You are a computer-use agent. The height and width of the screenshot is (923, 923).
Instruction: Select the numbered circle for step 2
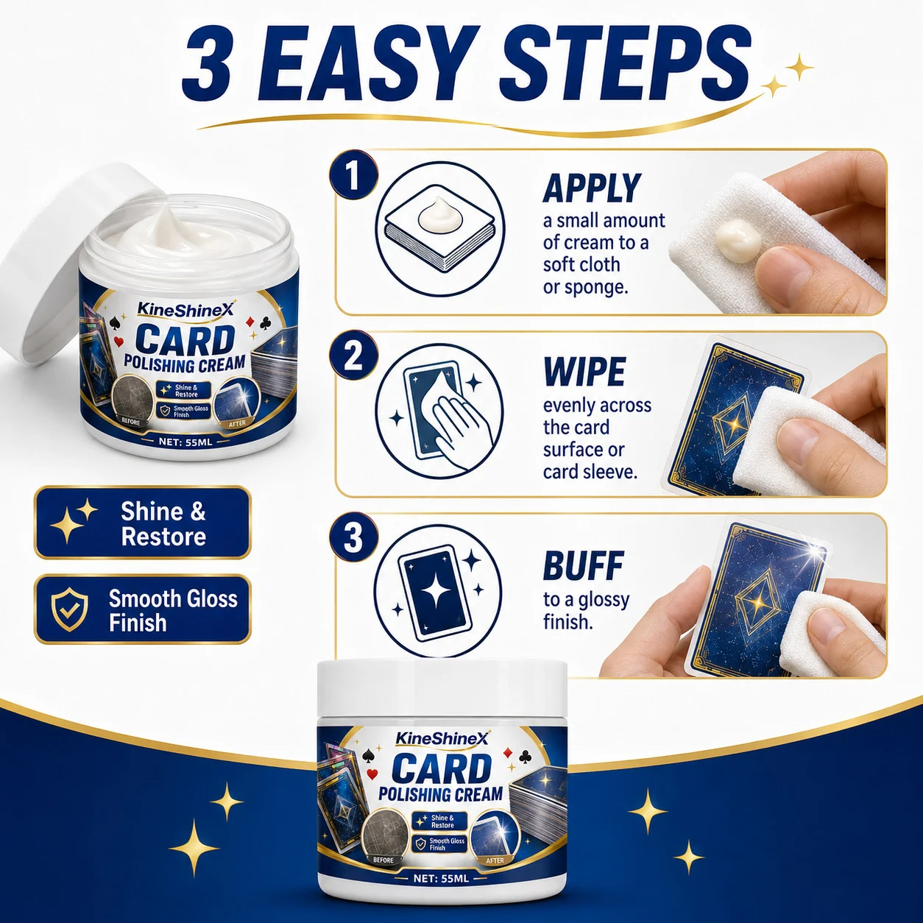click(353, 356)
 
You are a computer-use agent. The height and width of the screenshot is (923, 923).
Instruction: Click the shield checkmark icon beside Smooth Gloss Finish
click(70, 609)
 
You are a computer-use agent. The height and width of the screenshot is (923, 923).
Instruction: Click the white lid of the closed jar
click(442, 690)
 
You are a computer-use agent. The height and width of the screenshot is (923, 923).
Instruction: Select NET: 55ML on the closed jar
click(441, 879)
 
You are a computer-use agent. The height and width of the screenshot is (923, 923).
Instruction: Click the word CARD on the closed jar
click(441, 768)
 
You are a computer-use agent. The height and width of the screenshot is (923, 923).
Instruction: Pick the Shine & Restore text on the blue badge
click(163, 523)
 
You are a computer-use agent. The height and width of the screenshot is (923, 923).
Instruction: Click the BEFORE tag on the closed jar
click(383, 860)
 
